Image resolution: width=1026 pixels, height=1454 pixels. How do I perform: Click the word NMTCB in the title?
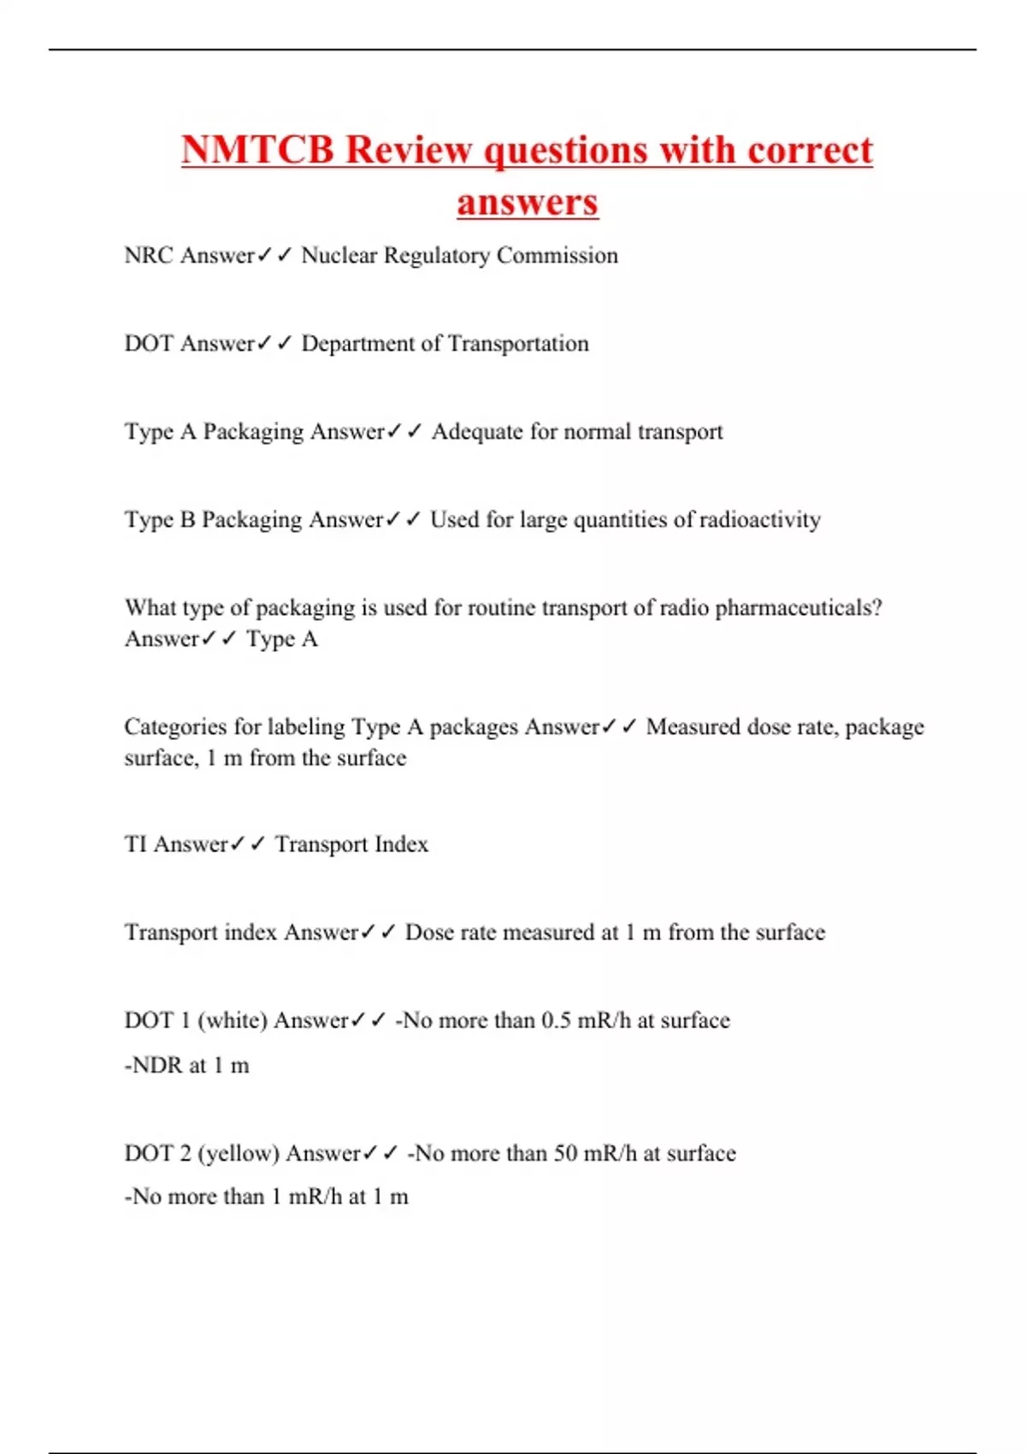256,150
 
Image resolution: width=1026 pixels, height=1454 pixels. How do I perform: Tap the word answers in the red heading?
528,203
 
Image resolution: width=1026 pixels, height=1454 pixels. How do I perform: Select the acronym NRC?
149,256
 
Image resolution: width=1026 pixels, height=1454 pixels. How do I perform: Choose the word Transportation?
518,344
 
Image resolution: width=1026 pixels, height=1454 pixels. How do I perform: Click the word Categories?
175,727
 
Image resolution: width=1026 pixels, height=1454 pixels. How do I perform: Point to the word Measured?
693,727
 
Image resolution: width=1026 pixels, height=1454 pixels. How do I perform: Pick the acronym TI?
136,845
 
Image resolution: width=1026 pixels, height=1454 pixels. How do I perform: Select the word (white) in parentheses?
233,1020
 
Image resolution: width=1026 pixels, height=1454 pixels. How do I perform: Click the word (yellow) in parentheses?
239,1154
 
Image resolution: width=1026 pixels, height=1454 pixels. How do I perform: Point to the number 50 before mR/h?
566,1154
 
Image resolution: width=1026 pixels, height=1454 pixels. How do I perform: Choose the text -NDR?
153,1066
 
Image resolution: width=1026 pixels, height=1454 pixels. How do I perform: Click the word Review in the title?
409,150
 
